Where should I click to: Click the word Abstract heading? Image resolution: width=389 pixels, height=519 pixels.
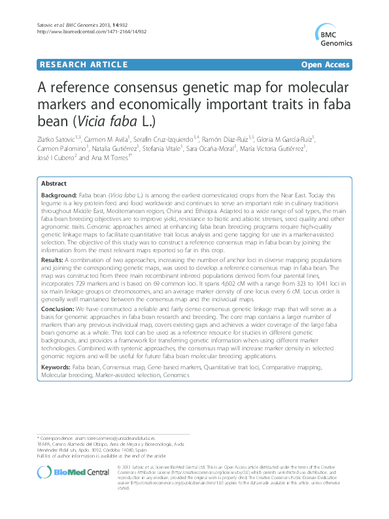click(x=54, y=185)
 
